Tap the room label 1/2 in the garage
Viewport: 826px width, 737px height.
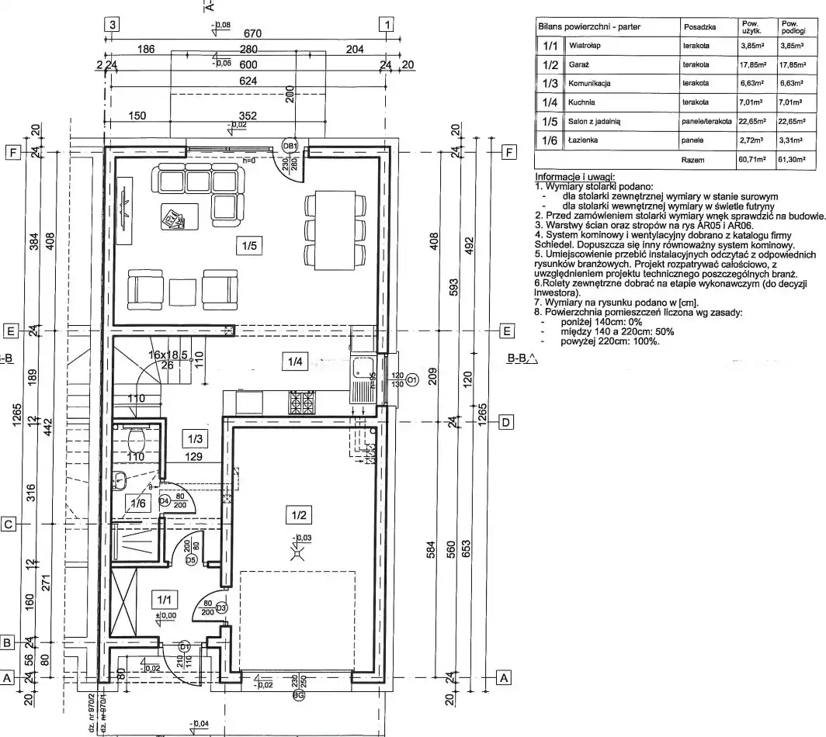pyautogui.click(x=300, y=513)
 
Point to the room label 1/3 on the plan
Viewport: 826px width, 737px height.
pyautogui.click(x=193, y=438)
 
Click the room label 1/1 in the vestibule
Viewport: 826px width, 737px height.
pyautogui.click(x=164, y=599)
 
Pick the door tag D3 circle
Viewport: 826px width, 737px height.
pyautogui.click(x=220, y=608)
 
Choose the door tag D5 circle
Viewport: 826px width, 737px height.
pyautogui.click(x=189, y=559)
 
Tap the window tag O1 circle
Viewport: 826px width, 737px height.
pyautogui.click(x=411, y=380)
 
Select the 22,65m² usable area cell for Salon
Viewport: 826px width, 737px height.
pyautogui.click(x=752, y=122)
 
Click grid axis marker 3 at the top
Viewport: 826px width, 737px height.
pyautogui.click(x=113, y=24)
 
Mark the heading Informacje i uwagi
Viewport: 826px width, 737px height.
pyautogui.click(x=570, y=178)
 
